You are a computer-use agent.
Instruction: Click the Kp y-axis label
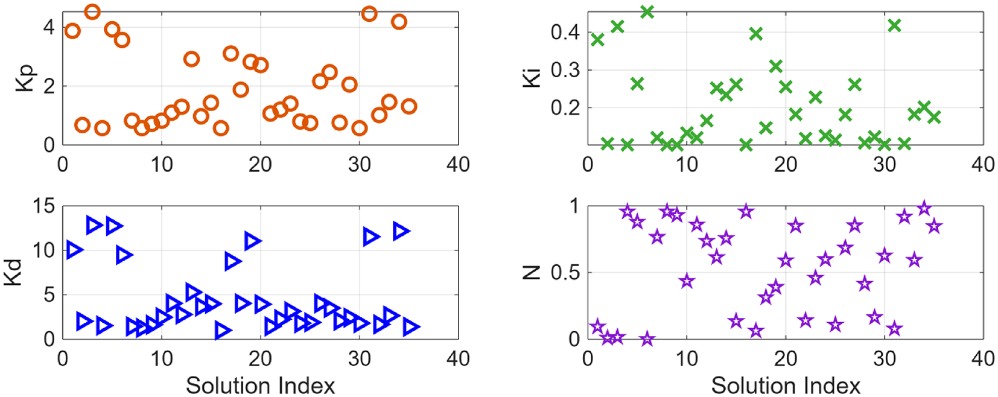click(25, 78)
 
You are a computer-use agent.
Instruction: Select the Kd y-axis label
click(13, 273)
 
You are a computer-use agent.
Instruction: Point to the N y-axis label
click(532, 273)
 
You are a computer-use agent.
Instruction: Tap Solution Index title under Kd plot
click(260, 385)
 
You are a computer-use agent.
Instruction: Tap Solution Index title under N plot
click(786, 385)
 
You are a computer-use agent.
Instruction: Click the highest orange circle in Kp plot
click(92, 11)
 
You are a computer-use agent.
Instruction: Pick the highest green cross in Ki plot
click(647, 11)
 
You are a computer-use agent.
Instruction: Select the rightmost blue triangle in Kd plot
click(411, 327)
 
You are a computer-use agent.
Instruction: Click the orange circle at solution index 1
click(72, 31)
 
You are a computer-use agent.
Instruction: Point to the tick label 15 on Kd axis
click(44, 206)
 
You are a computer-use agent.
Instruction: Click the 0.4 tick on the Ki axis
click(565, 31)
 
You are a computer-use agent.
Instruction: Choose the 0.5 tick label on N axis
click(565, 273)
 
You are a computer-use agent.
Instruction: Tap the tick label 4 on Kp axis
click(48, 27)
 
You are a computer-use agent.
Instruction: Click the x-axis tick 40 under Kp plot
click(458, 164)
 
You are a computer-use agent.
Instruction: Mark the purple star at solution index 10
click(686, 281)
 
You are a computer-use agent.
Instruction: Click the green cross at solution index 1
click(597, 40)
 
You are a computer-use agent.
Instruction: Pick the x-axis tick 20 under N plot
click(785, 358)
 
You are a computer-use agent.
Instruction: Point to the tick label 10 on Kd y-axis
click(44, 250)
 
